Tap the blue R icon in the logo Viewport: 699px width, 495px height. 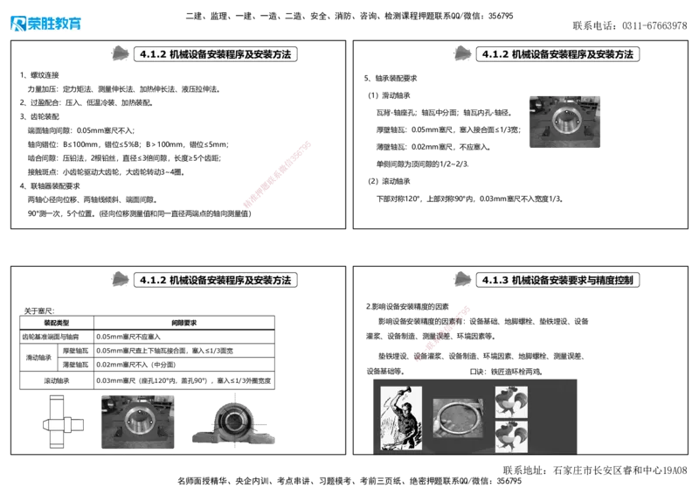pyautogui.click(x=17, y=24)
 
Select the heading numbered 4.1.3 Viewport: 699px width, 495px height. pyautogui.click(x=560, y=280)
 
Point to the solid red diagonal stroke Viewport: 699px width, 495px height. pyautogui.click(x=276, y=174)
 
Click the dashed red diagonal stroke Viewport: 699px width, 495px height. pyautogui.click(x=444, y=332)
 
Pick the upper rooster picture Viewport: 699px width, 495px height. pyautogui.click(x=511, y=401)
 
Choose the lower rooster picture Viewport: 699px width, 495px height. pyautogui.click(x=511, y=436)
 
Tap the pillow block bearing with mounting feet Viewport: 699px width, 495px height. pyautogui.click(x=236, y=424)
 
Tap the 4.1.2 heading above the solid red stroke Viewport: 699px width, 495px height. pyautogui.click(x=216, y=54)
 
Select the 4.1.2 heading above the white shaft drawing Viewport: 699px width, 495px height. pyautogui.click(x=216, y=280)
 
